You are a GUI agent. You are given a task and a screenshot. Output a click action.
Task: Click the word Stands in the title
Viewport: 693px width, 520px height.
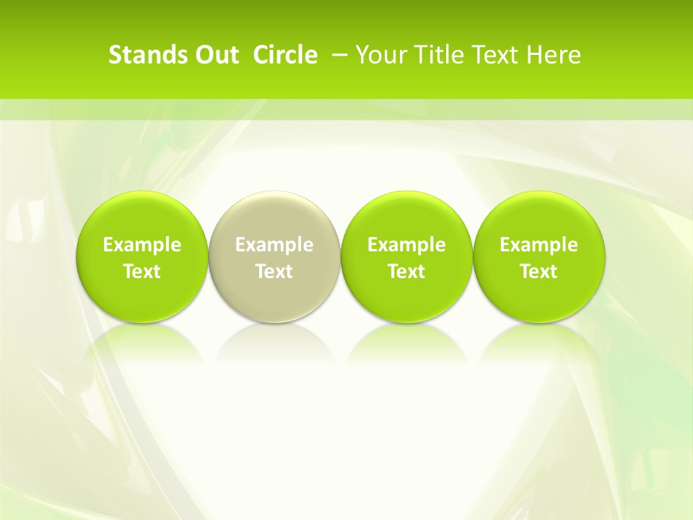(x=141, y=55)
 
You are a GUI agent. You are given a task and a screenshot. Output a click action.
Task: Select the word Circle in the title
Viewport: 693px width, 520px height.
(x=285, y=55)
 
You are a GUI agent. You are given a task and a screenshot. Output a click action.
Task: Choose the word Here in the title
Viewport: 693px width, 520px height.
(x=555, y=55)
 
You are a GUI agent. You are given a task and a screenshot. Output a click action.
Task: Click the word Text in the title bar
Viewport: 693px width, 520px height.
(x=494, y=55)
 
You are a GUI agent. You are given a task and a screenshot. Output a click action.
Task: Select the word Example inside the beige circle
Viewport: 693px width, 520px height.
(x=274, y=245)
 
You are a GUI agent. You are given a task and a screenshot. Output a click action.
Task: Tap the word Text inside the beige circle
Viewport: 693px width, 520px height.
(x=274, y=272)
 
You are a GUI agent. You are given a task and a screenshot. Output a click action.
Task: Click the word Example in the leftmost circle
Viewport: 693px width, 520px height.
(x=142, y=245)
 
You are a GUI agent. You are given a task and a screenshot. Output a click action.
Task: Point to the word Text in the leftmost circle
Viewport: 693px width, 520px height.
(x=142, y=272)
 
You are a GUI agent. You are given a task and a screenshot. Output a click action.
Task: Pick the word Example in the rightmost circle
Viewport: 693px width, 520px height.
(x=539, y=245)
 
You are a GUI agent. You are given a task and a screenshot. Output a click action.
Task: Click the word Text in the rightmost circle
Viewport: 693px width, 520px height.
(x=539, y=272)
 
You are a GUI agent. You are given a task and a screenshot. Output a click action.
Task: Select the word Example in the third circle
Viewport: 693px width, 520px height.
(x=406, y=245)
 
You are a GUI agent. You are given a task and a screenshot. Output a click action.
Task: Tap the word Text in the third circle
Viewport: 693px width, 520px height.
(x=406, y=272)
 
